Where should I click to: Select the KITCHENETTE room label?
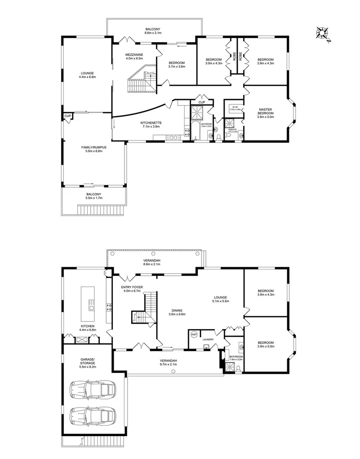[x=150, y=123]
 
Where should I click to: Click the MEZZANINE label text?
[x=134, y=55]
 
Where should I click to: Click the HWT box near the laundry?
[x=194, y=335]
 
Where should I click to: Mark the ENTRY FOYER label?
[x=132, y=287]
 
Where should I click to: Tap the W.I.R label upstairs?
[x=235, y=107]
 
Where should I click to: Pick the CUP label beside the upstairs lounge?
[x=68, y=116]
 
